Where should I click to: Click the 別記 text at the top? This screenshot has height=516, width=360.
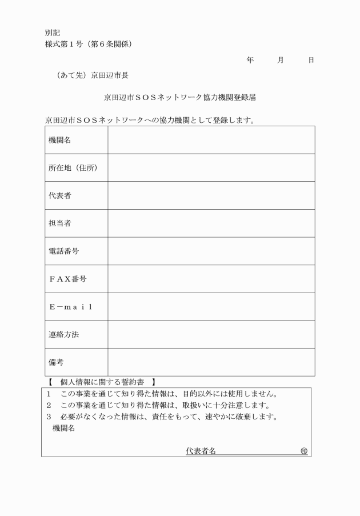(52, 33)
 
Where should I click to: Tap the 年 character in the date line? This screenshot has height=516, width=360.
(250, 59)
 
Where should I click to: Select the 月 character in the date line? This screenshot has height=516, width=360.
(280, 59)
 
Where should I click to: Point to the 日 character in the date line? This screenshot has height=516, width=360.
(311, 59)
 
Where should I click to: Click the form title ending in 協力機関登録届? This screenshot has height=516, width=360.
(179, 97)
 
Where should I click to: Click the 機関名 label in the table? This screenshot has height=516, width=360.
(60, 140)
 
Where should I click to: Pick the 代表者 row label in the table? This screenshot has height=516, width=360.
(60, 195)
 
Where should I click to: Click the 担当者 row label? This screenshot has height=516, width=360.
(60, 223)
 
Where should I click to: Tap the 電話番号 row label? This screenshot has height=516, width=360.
(63, 251)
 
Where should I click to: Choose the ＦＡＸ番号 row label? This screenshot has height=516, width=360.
(67, 279)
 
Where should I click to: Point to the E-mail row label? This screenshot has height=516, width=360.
(70, 307)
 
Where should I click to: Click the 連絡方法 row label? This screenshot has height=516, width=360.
(63, 335)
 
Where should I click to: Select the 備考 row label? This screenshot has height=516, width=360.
(56, 362)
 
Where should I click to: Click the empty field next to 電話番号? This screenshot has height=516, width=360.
(211, 251)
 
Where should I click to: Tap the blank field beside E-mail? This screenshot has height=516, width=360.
(211, 307)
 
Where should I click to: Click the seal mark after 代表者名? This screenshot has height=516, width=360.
(304, 451)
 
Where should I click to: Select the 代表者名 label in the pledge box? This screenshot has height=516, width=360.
(201, 451)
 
